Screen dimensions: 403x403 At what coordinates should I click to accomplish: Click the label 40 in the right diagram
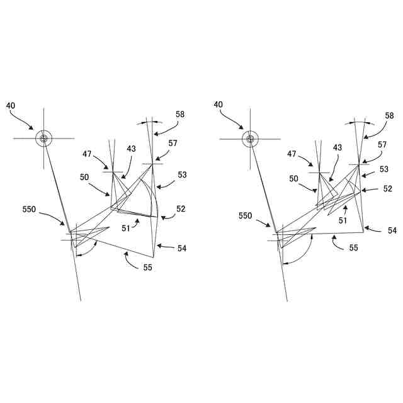pos(219,105)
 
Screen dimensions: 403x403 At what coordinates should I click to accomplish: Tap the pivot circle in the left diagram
pos(43,139)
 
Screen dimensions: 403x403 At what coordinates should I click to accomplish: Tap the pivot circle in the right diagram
pos(251,139)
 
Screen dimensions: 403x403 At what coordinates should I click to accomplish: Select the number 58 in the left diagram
pos(181,114)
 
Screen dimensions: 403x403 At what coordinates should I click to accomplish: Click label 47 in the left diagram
pos(88,154)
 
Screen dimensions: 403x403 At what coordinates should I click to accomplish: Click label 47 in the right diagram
pos(292,154)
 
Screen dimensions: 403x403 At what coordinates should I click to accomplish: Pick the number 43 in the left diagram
pos(132,149)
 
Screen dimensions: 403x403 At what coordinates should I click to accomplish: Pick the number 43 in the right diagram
pos(338,147)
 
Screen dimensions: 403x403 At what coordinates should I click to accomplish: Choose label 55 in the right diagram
pos(354,248)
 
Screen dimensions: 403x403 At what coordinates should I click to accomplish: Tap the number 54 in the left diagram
pos(182,249)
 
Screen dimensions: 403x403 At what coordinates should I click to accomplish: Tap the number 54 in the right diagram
pos(392,231)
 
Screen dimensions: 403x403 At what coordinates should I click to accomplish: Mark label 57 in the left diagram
pos(173,143)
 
